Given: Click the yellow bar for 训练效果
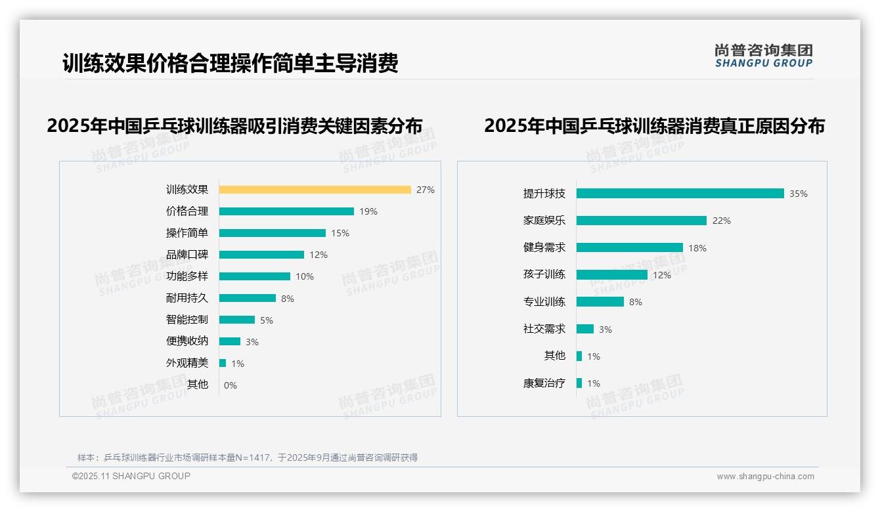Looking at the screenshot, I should (315, 190).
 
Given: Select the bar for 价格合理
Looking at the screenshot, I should (286, 211).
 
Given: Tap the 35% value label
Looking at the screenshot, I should (798, 194).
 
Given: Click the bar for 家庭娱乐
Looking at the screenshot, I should (641, 221).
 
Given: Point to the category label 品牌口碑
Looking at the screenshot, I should (187, 255).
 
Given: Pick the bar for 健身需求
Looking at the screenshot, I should (629, 247).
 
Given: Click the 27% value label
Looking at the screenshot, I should (425, 190).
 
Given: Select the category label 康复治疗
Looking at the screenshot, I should (544, 383).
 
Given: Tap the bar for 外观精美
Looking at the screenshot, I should (223, 363).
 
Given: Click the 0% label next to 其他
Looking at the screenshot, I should (230, 385).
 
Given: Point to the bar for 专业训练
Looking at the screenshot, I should (600, 302).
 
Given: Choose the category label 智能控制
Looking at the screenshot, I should (187, 320).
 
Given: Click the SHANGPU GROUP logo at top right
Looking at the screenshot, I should (763, 56).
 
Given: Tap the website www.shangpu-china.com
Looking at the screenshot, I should (765, 477).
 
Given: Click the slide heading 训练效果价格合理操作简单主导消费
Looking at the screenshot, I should (230, 64).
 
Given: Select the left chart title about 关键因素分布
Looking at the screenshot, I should (234, 125).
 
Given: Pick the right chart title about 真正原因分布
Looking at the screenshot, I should (654, 125).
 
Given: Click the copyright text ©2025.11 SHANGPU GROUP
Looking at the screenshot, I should (131, 476).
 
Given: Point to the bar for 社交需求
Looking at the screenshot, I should (584, 329).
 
